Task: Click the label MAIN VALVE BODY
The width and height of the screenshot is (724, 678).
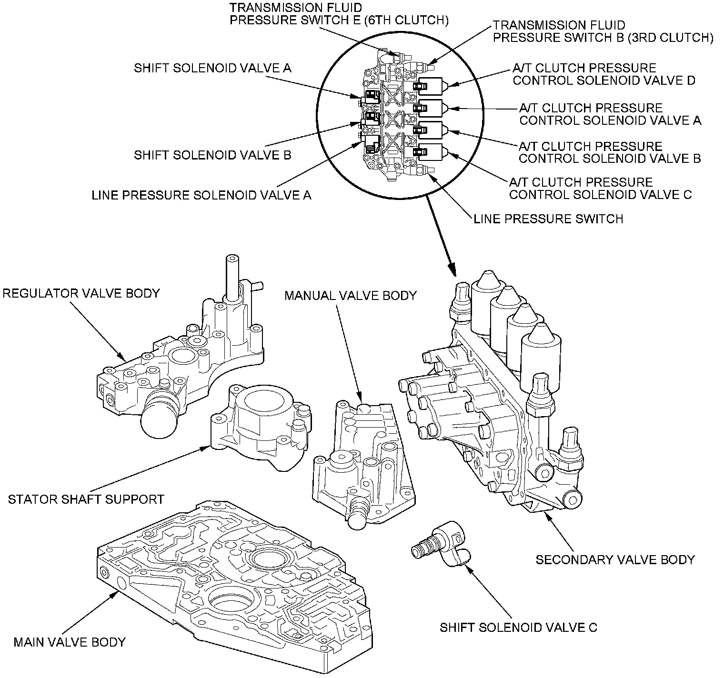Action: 69,642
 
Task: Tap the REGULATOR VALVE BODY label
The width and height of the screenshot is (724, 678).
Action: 81,293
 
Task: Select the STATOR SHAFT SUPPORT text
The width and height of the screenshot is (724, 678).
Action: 86,499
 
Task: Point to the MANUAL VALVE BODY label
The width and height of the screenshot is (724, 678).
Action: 351,296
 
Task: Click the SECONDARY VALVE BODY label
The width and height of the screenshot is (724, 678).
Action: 615,559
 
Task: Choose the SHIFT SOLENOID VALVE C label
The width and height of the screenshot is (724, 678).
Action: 518,628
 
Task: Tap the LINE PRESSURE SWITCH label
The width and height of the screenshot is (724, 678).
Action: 548,219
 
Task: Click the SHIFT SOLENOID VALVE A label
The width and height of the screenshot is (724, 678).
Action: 212,68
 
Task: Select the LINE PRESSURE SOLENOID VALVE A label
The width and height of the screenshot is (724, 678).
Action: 201,195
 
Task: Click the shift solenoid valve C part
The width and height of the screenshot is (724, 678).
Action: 441,545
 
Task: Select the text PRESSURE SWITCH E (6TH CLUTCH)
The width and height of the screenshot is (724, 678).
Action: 339,20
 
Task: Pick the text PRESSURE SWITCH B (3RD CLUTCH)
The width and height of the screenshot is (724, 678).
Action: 603,38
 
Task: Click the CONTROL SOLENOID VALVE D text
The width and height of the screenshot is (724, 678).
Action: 604,80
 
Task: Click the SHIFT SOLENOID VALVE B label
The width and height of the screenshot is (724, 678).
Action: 212,155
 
